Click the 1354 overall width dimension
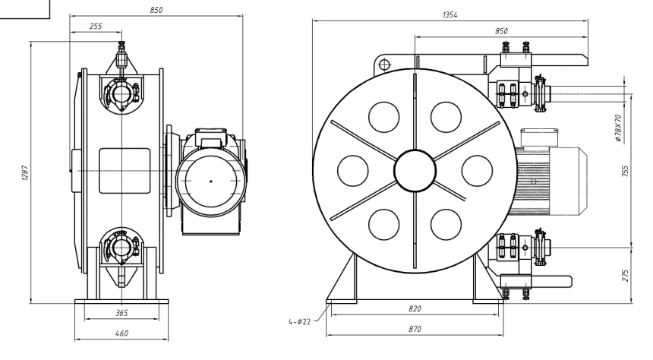click(450, 15)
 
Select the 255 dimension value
click(96, 26)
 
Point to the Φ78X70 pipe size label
click(618, 128)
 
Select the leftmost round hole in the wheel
click(352, 171)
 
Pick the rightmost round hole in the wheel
click(477, 171)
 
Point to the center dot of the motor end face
click(210, 180)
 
